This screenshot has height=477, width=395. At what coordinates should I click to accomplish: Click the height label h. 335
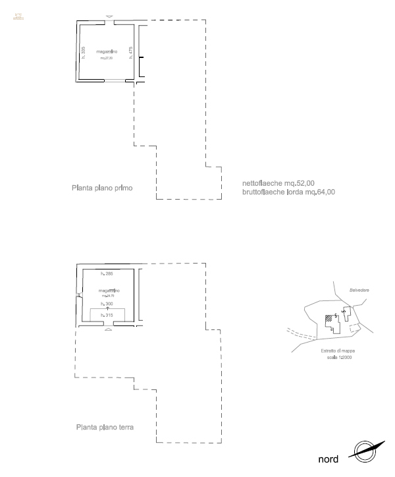pyautogui.click(x=84, y=53)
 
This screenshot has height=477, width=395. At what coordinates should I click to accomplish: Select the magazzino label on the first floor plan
pyautogui.click(x=107, y=51)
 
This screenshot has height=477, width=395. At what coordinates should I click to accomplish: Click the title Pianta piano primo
pyautogui.click(x=102, y=188)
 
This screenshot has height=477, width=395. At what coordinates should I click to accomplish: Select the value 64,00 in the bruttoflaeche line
pyautogui.click(x=325, y=192)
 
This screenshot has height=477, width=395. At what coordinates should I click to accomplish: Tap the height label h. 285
pyautogui.click(x=107, y=273)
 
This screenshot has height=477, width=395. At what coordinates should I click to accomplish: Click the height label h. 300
pyautogui.click(x=107, y=304)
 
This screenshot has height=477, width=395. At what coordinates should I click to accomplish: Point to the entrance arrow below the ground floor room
pyautogui.click(x=109, y=331)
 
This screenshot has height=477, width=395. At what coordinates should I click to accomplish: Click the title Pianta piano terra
pyautogui.click(x=105, y=427)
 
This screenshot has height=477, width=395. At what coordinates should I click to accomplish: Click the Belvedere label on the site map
pyautogui.click(x=359, y=290)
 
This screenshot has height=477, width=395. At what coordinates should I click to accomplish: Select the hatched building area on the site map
pyautogui.click(x=328, y=318)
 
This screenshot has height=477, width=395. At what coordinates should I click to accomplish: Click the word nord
pyautogui.click(x=329, y=459)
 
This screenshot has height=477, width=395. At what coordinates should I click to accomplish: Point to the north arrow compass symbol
pyautogui.click(x=365, y=451)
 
